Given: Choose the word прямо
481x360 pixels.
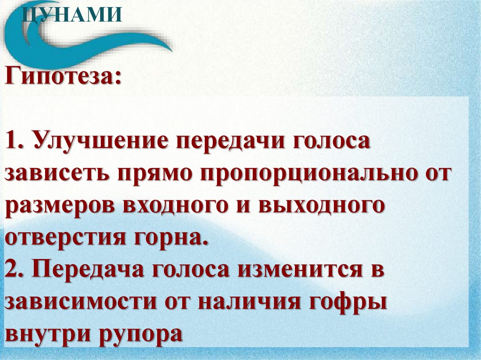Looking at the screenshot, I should [154, 175].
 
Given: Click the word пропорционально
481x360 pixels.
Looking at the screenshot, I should [306, 175].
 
